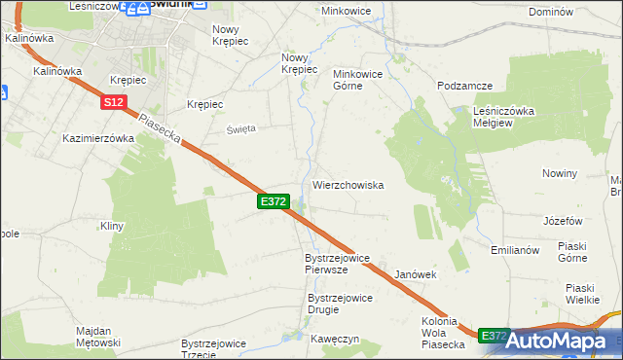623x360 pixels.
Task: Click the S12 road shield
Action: (112, 100)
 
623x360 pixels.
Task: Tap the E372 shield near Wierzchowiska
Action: (274, 201)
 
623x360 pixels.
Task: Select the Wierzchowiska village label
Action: (348, 184)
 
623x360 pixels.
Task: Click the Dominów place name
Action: (576, 13)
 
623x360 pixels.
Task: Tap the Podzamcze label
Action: (463, 86)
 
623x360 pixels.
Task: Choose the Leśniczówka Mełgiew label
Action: (504, 116)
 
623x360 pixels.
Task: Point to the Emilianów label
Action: (515, 250)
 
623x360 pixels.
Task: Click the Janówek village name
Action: (416, 275)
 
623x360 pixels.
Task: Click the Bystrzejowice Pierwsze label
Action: (338, 264)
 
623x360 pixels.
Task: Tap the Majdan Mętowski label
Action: (98, 337)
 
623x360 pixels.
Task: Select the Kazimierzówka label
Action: (97, 138)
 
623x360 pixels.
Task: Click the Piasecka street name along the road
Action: (162, 131)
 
